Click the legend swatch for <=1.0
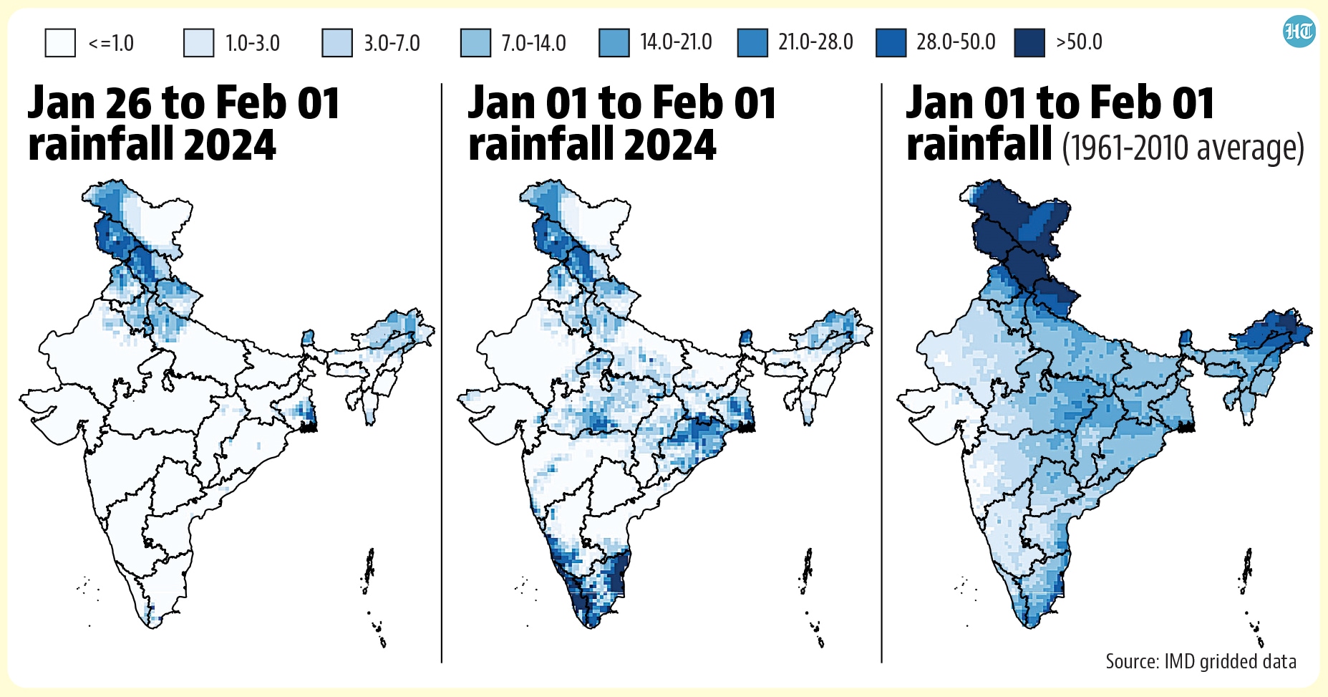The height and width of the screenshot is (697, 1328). coord(60,43)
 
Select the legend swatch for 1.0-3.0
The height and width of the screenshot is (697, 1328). coord(198,43)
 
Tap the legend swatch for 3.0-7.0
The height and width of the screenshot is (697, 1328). coord(337,43)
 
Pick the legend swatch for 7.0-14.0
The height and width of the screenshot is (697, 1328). coord(475,43)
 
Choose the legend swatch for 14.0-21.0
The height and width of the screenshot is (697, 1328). coord(614,43)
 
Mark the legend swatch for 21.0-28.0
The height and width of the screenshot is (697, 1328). coord(752,43)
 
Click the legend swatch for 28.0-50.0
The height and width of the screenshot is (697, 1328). coord(891,43)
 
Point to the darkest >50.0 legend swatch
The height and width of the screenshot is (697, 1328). coord(1029,43)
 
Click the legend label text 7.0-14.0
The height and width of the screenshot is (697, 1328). coord(533,43)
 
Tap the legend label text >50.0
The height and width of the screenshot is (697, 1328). coord(1079,42)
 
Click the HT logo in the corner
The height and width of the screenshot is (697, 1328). coord(1299,32)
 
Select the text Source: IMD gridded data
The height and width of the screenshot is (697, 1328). coord(1201,660)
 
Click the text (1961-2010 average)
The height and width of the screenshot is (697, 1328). coord(1183,148)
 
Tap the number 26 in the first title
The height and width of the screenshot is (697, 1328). coord(129,103)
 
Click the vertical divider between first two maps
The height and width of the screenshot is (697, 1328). coord(442,372)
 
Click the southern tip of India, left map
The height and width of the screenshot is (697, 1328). coord(152,627)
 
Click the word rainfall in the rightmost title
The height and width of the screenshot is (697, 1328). coord(979,145)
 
